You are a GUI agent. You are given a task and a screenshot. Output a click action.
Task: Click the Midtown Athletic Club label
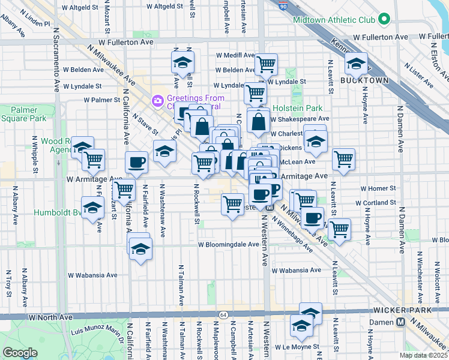click(x=333, y=20)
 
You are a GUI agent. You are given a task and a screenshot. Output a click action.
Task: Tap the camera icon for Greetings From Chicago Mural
click(x=158, y=100)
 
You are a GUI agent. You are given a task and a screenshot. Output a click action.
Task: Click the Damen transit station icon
click(x=400, y=322)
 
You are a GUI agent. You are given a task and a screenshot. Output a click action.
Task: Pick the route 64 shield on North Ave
click(x=223, y=314)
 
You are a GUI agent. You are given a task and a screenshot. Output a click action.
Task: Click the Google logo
click(x=20, y=353)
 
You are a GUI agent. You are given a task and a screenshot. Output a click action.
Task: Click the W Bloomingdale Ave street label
click(x=229, y=245)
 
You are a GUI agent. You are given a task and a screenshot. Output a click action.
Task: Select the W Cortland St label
click(x=376, y=203)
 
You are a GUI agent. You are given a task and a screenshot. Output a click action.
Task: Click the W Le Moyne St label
click(x=298, y=347)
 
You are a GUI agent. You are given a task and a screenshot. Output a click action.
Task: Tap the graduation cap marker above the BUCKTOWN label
click(x=356, y=63)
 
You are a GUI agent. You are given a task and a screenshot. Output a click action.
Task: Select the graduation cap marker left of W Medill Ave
click(x=182, y=61)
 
